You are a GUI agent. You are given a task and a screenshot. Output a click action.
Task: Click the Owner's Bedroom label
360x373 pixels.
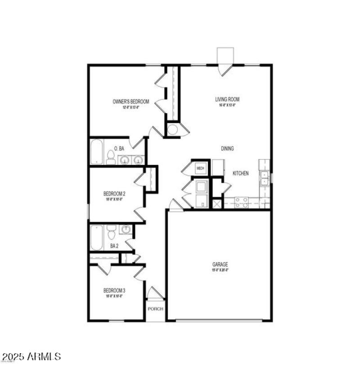(130, 102)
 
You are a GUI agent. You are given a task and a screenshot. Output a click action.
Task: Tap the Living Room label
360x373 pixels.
(227, 100)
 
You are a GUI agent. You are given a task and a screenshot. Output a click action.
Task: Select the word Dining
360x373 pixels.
(227, 148)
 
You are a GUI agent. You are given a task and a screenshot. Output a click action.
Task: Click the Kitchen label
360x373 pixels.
(240, 173)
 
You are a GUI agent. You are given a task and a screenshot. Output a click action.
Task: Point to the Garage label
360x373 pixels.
(220, 265)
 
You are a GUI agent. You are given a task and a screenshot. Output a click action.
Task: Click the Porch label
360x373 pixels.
(155, 309)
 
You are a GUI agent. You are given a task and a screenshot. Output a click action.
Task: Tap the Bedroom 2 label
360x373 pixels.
(114, 194)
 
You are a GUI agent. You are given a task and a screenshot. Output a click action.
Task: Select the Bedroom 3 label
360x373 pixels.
(114, 291)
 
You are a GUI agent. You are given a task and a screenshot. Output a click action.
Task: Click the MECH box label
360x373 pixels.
(200, 169)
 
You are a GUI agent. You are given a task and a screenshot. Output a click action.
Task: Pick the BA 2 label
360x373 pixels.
(114, 246)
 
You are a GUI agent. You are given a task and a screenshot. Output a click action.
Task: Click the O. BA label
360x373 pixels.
(119, 148)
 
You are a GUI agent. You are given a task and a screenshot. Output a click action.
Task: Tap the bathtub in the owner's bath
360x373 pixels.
(97, 152)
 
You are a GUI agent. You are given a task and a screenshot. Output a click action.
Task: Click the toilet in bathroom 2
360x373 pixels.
(111, 232)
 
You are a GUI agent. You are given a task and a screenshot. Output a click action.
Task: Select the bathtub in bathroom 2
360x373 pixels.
(96, 237)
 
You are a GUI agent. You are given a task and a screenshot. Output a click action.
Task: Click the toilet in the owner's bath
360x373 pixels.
(111, 158)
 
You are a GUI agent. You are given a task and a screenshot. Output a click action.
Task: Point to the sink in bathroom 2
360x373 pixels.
(126, 230)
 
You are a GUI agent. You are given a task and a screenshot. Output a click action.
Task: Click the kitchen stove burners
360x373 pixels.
(241, 202)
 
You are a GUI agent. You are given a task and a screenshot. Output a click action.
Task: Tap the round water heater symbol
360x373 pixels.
(172, 130)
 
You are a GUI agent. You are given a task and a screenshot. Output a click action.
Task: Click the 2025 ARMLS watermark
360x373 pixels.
(31, 357)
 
